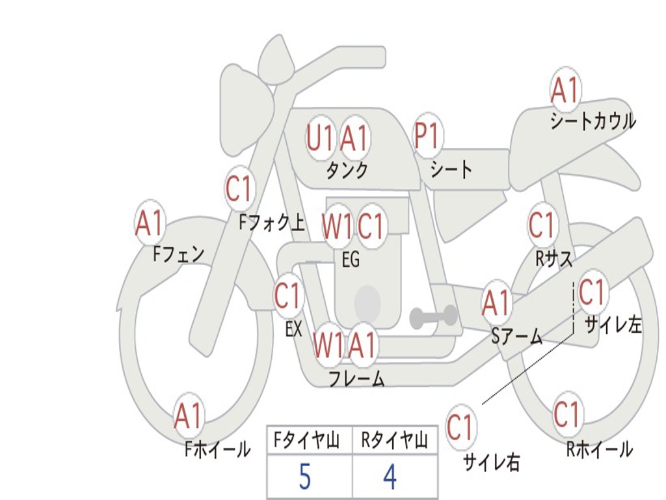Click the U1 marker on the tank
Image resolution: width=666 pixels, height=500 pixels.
[319, 138]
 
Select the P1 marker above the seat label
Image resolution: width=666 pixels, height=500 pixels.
[426, 135]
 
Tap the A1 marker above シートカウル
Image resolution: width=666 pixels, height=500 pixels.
[565, 90]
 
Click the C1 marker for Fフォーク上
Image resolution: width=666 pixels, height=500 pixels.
[239, 188]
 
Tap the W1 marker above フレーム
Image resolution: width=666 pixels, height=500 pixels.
[328, 344]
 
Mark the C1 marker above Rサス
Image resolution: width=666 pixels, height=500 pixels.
[542, 225]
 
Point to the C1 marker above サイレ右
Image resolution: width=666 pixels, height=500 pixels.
[460, 426]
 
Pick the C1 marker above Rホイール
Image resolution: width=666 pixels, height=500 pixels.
[567, 413]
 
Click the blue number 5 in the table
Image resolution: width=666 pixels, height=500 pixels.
[305, 477]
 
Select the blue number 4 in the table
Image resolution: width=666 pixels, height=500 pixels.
[390, 477]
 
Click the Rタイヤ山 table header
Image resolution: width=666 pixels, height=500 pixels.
[394, 441]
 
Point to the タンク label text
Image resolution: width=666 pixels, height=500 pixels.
[347, 171]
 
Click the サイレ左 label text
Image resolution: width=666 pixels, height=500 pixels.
[613, 325]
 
